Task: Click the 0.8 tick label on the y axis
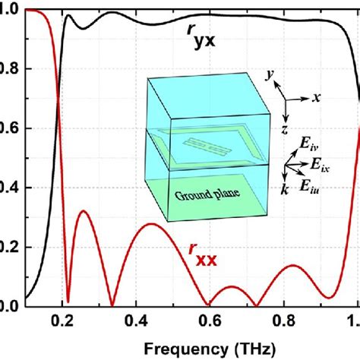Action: pos(11,69)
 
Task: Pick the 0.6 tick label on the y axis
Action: pos(11,128)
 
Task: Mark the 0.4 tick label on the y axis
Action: pos(11,188)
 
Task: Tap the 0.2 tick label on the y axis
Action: pos(11,247)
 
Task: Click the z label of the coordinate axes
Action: pos(283,130)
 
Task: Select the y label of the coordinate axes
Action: pos(270,75)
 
